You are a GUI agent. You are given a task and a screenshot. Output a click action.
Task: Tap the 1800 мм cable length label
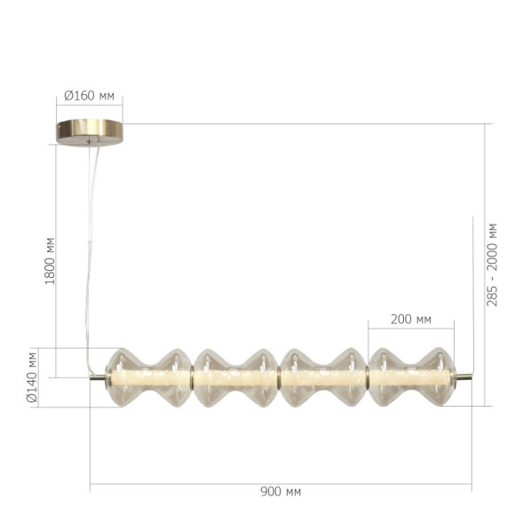pyautogui.click(x=51, y=260)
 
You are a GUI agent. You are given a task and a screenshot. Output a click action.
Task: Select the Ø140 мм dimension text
pyautogui.click(x=33, y=377)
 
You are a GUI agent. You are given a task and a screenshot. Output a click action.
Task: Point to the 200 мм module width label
pyautogui.click(x=410, y=319)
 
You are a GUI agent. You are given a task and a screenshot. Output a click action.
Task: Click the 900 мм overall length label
pyautogui.click(x=280, y=491)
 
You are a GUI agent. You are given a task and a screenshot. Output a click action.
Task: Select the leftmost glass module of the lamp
pyautogui.click(x=148, y=377)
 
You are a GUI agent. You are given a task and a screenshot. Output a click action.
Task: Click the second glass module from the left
pyautogui.click(x=236, y=377)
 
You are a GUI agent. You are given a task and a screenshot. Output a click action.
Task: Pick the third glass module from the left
pyautogui.click(x=323, y=377)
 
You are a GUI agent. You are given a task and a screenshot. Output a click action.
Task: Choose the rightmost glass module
pyautogui.click(x=410, y=377)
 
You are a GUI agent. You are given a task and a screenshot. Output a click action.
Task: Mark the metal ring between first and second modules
pyautogui.click(x=193, y=377)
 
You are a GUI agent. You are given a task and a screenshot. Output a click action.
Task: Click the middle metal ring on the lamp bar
pyautogui.click(x=280, y=377)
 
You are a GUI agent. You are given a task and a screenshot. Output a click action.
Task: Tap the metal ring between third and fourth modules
pyautogui.click(x=367, y=377)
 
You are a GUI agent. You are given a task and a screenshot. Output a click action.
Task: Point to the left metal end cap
pyautogui.click(x=98, y=377)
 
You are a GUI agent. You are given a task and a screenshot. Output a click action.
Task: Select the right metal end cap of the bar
pyautogui.click(x=463, y=377)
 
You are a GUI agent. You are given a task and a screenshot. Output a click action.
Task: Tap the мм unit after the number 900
pyautogui.click(x=291, y=491)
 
